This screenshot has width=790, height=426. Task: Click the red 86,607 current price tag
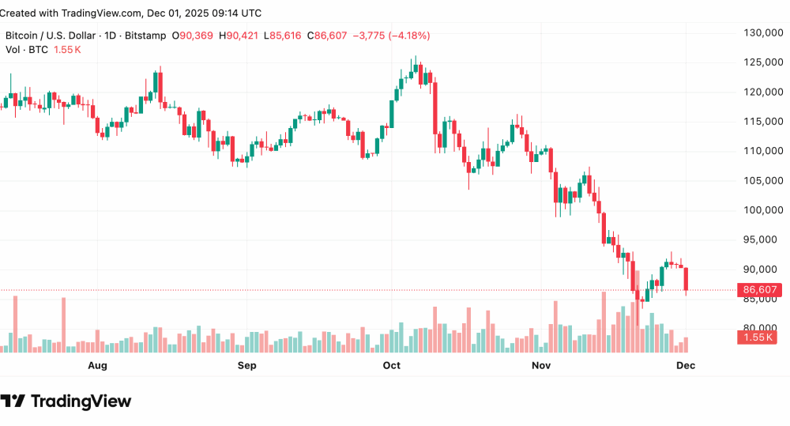(x=759, y=290)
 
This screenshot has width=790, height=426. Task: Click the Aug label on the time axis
(x=97, y=365)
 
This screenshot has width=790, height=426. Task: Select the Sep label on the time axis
(x=247, y=365)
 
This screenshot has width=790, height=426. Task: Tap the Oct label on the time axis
(x=391, y=365)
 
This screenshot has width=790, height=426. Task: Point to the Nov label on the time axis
(x=540, y=365)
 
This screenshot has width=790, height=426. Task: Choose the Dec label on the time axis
(x=687, y=365)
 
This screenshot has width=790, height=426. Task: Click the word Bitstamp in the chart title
(x=147, y=36)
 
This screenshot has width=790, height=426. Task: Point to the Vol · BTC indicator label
(x=25, y=50)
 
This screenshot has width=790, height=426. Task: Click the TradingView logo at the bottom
(x=66, y=401)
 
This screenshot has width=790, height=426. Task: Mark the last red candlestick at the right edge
(x=687, y=279)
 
